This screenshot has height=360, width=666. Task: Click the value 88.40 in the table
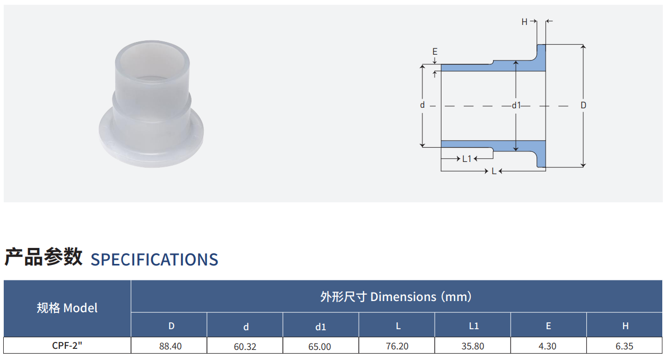click(170, 346)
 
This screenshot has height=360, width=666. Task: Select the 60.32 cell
click(245, 346)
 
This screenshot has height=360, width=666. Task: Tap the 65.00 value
click(319, 346)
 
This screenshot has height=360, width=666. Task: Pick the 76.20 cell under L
click(397, 346)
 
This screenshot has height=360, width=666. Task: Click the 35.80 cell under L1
click(473, 346)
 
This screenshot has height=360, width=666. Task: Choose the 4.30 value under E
click(547, 346)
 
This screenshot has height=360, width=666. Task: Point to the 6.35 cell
click(625, 346)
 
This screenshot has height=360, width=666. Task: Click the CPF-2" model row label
click(67, 346)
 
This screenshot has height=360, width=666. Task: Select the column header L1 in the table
click(474, 326)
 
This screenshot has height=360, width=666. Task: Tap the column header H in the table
click(626, 326)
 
